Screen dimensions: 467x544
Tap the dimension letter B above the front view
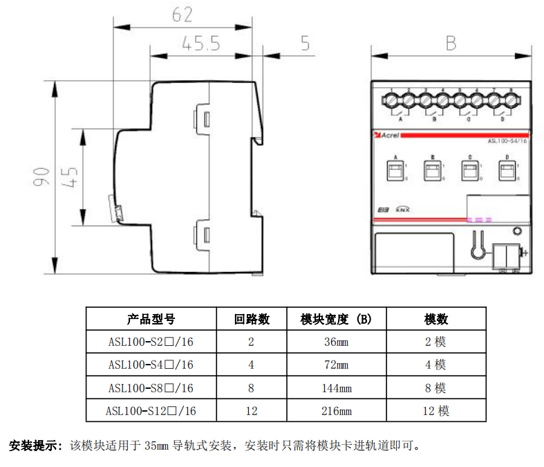pos(451,44)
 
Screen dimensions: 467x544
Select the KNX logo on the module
pos(403,209)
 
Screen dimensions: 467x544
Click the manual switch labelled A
pos(396,171)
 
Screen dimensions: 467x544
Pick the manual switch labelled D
pos(507,171)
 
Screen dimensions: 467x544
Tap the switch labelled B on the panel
pos(433,171)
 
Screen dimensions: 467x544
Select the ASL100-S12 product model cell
pos(151,411)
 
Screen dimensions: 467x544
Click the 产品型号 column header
pos(151,319)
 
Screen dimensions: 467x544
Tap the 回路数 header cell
pos(252,319)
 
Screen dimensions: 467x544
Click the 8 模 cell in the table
pos(435,388)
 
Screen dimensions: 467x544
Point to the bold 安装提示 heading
pos(35,445)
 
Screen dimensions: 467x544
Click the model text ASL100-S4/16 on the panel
pos(507,141)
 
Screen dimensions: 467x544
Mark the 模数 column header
pos(435,319)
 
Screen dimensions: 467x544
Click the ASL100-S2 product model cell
pos(151,342)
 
